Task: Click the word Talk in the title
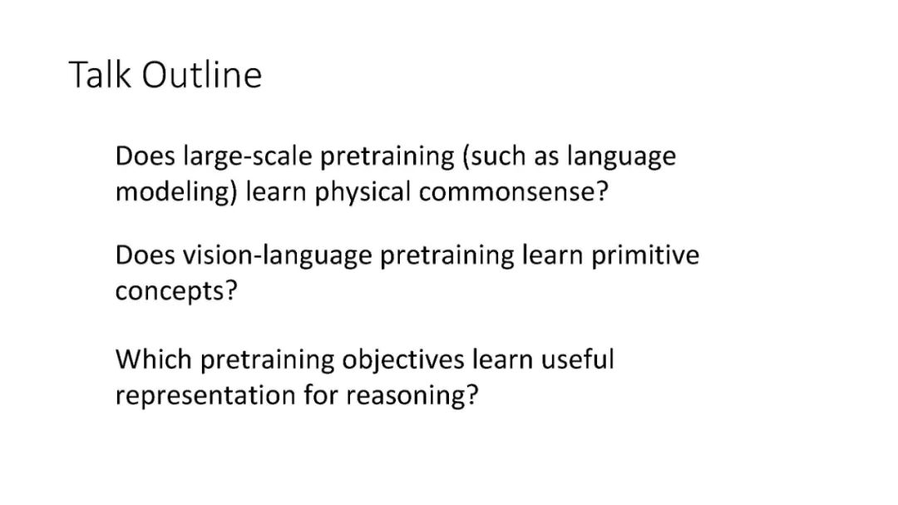click(x=100, y=75)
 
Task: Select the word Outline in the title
click(x=201, y=75)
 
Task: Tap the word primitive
click(x=645, y=255)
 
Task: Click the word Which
click(x=154, y=360)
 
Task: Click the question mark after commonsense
click(x=602, y=191)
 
